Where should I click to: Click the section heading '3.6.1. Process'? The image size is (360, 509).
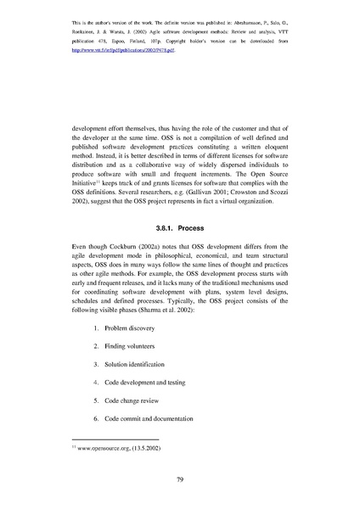click(x=180, y=228)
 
